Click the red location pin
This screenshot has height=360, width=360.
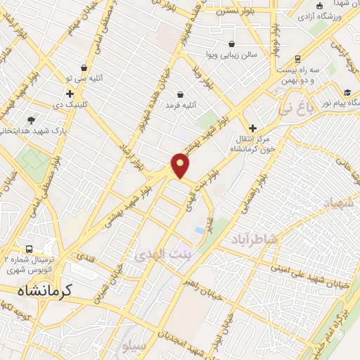[x=181, y=165]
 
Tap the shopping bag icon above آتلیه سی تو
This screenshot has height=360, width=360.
[x=84, y=68]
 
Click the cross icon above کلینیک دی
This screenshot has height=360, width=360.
[x=70, y=94]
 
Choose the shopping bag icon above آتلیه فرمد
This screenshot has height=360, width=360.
[x=180, y=94]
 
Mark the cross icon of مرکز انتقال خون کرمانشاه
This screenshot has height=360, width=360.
[x=252, y=128]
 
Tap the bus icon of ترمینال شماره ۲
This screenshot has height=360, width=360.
[x=29, y=249]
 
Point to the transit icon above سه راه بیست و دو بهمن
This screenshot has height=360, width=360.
[x=298, y=59]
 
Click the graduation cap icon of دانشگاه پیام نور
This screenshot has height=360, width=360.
[x=347, y=93]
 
